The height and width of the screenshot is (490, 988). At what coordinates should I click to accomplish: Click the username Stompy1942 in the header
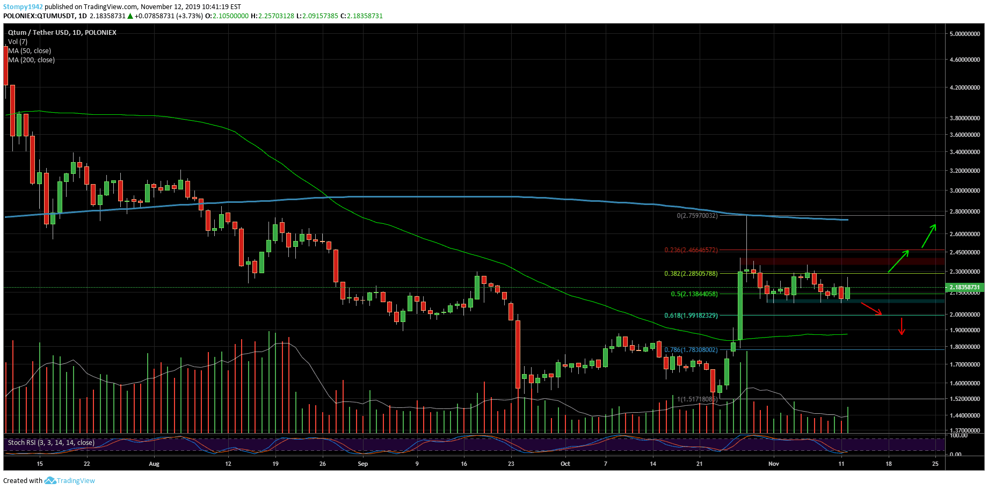point(24,7)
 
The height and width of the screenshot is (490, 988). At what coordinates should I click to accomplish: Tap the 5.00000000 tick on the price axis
point(965,34)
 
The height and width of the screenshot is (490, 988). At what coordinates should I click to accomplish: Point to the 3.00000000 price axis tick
point(965,191)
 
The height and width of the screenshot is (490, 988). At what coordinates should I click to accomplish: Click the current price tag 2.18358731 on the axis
point(965,287)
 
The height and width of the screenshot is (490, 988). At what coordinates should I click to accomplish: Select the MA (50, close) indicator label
point(30,51)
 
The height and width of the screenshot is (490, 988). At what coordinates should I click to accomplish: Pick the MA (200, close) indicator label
point(32,60)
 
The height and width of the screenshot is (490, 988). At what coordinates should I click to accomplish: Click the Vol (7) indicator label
point(18,42)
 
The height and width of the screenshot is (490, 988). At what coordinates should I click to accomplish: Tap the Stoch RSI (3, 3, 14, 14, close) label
point(51,443)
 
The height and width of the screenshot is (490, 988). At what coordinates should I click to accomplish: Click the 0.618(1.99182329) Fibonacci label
point(691,316)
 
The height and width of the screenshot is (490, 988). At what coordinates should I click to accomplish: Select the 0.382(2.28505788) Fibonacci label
point(691,274)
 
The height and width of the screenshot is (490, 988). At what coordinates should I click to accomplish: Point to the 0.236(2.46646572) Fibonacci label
point(691,250)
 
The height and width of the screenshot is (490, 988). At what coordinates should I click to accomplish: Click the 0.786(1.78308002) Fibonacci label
point(691,350)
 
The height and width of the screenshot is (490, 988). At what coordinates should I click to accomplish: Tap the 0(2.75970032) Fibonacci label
point(697,216)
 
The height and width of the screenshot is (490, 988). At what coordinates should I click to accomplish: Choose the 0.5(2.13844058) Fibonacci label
point(694,294)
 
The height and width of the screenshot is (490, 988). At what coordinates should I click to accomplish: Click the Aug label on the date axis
point(154,464)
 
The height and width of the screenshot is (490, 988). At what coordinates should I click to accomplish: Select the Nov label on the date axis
point(773,464)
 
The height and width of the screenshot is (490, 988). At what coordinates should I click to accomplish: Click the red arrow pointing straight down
point(902,326)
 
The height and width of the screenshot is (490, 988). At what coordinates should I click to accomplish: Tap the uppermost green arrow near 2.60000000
point(929,236)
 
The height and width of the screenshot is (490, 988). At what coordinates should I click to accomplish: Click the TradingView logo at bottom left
point(70,481)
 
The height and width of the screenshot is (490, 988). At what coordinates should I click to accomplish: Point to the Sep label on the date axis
point(363,464)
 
